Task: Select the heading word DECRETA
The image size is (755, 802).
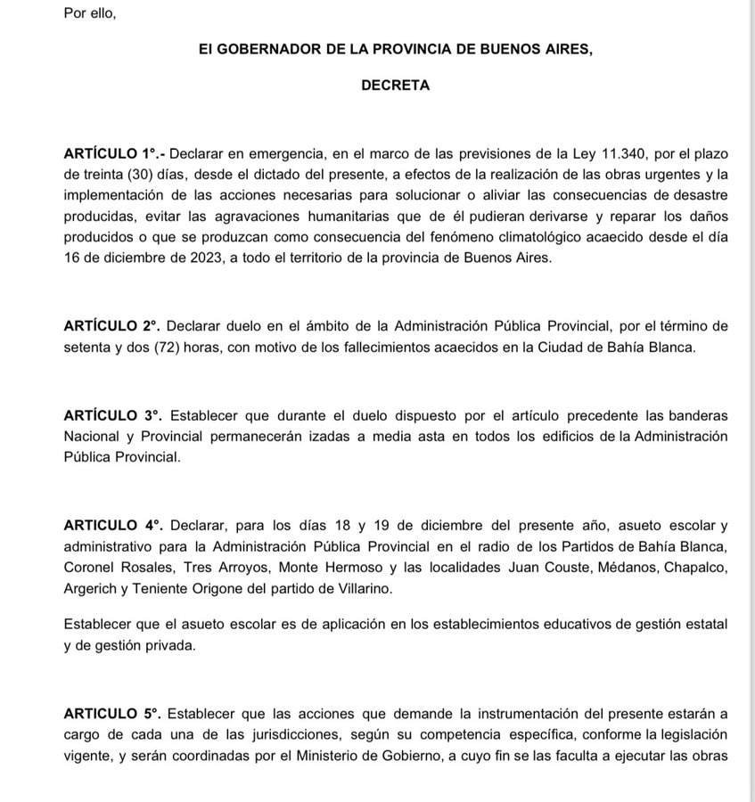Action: coord(395,86)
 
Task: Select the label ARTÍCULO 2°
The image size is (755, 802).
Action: coord(112,326)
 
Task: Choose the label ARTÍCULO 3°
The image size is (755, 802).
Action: coord(112,416)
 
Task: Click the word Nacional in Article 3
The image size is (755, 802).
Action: coord(92,438)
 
